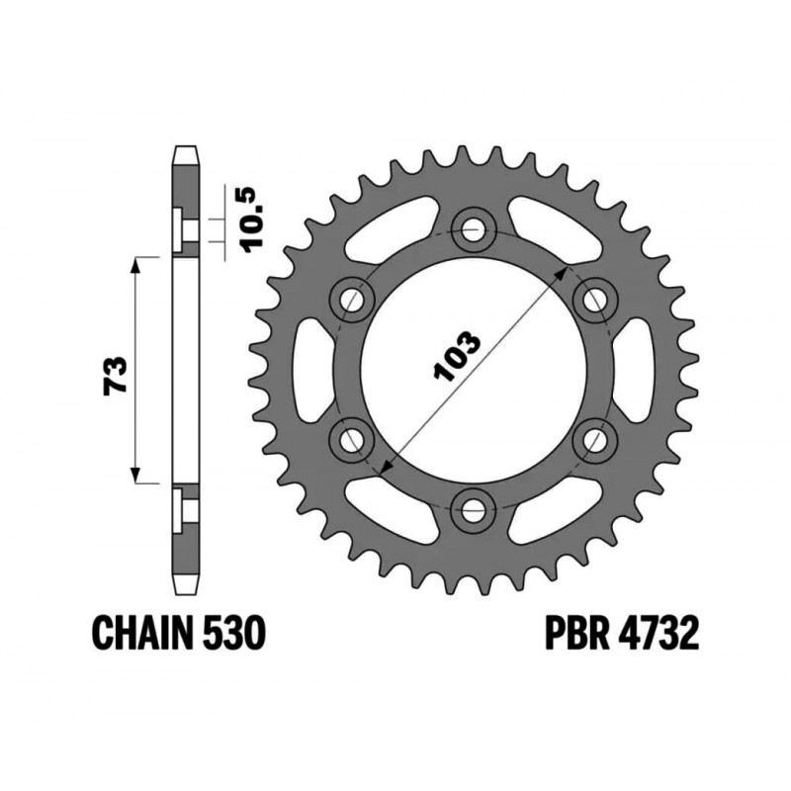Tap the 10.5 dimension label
coord(251,219)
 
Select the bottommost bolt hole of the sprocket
coord(475,509)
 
